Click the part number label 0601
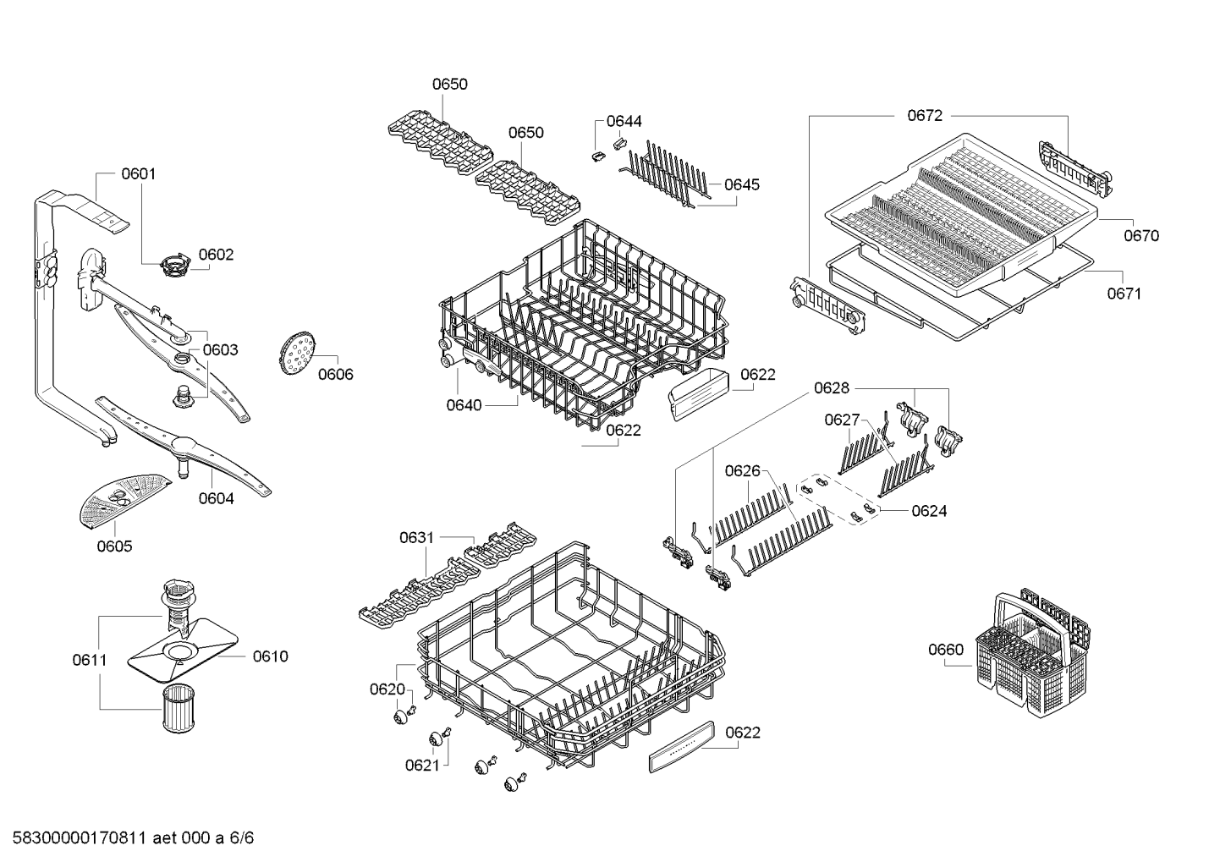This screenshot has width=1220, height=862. point(139,174)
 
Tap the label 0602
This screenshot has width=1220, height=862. point(216,255)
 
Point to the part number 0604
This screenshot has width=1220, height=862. point(216,498)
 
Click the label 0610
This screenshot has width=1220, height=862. point(270,656)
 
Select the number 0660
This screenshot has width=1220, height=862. point(945,650)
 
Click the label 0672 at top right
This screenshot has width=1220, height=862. point(924,116)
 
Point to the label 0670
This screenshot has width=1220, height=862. point(1140,236)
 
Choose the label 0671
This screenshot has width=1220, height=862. point(1124,294)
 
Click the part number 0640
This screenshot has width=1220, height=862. point(464,405)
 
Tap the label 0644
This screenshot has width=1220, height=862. point(624,122)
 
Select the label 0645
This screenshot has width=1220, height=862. point(741,184)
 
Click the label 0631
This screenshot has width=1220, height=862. point(416,537)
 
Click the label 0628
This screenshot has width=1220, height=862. point(831,388)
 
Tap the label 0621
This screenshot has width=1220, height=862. point(421,765)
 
